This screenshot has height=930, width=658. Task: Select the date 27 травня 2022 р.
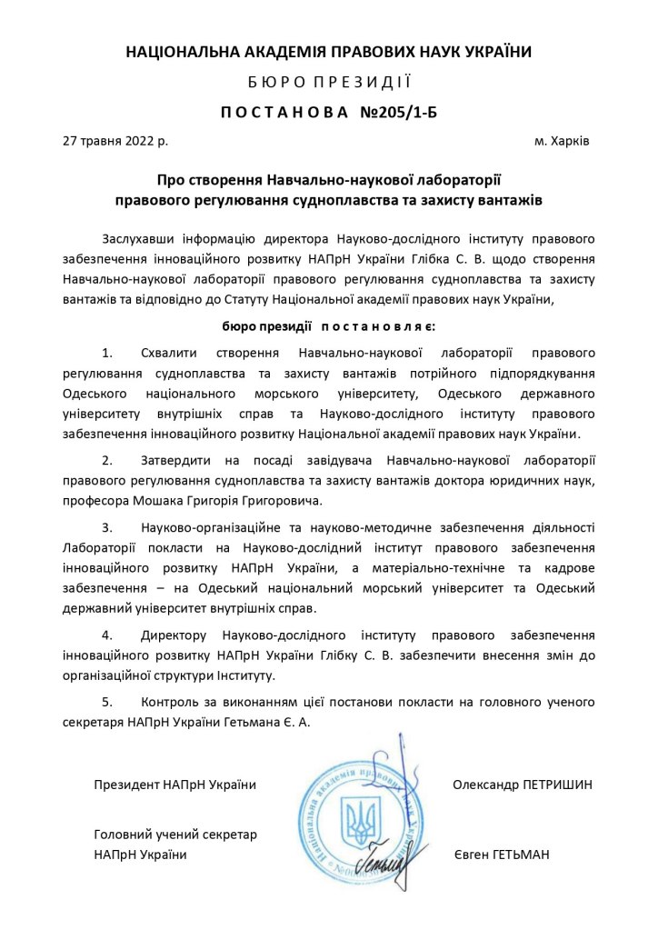tap(115, 142)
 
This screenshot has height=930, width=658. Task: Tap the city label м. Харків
tap(562, 142)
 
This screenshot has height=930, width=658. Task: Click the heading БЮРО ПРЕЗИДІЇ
tap(328, 82)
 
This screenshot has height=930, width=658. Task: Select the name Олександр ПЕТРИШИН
tap(523, 784)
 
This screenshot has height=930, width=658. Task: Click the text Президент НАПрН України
tap(174, 784)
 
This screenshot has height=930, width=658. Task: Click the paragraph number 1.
tap(107, 352)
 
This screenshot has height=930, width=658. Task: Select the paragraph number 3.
tap(107, 526)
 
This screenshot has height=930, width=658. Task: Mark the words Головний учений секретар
tap(175, 835)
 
